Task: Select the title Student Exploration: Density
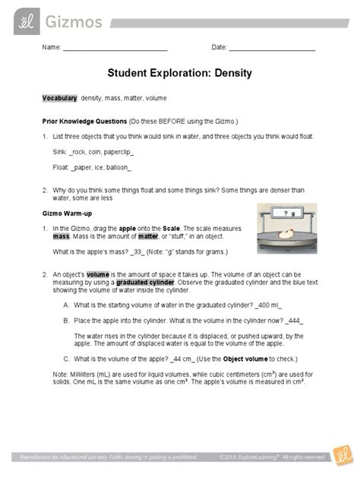180,75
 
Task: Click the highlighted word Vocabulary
59,99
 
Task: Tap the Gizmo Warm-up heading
68,212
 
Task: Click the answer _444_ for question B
303,320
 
